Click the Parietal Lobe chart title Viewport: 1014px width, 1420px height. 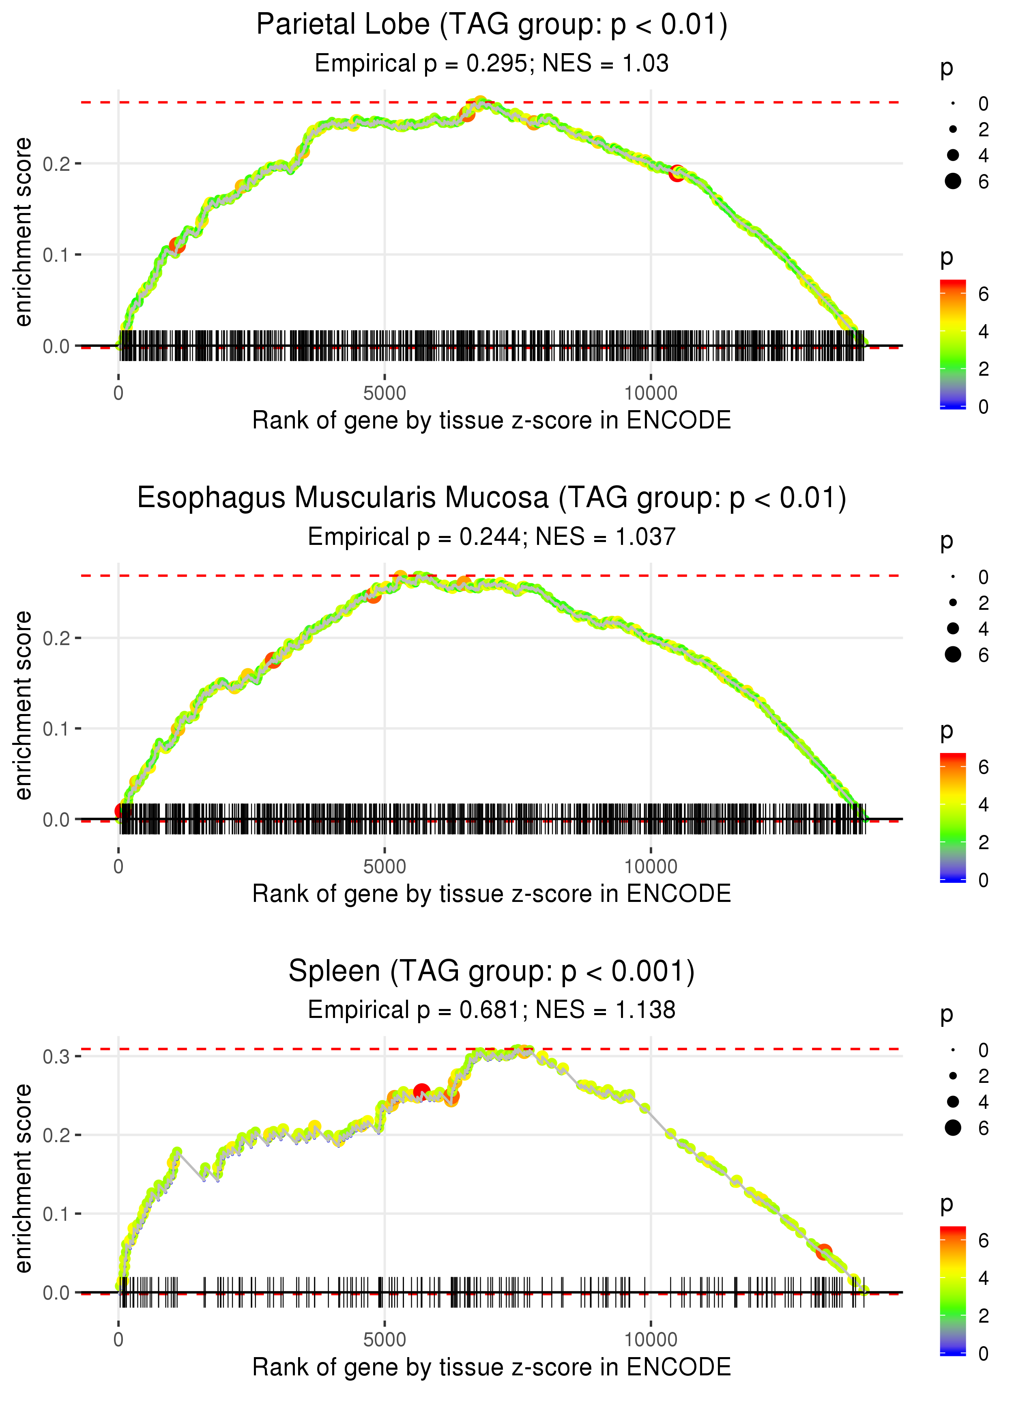click(x=492, y=25)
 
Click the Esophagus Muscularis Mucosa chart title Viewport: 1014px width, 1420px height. click(x=492, y=498)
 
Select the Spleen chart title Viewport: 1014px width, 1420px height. click(x=492, y=972)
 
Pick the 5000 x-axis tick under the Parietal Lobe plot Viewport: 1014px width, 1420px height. click(x=385, y=394)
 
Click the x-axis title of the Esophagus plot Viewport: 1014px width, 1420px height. click(x=492, y=894)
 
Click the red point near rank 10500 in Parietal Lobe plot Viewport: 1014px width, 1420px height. click(x=677, y=174)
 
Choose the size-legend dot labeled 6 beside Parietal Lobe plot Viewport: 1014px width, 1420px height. click(x=953, y=181)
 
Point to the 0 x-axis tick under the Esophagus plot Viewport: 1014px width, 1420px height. click(x=118, y=867)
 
